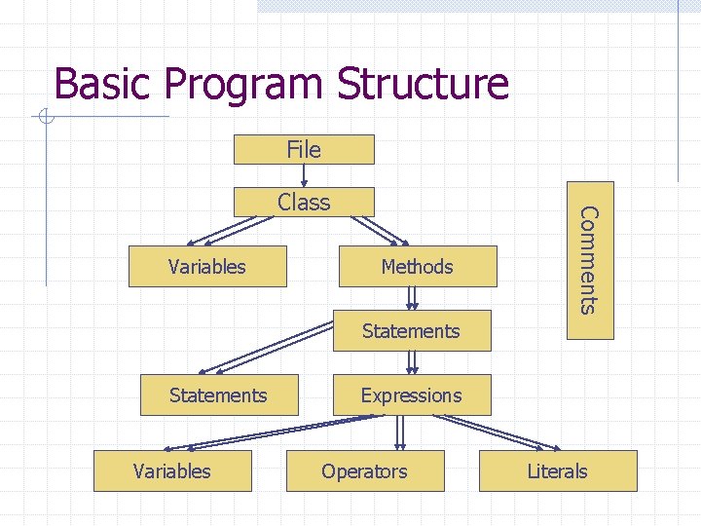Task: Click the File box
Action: click(304, 149)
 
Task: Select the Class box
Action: click(304, 202)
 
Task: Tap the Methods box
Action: click(417, 267)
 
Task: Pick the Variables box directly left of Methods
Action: click(207, 267)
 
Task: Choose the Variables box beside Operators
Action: click(171, 471)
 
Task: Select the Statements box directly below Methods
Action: click(411, 331)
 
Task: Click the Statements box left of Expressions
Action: click(218, 395)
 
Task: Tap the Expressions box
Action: click(411, 395)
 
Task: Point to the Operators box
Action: click(365, 471)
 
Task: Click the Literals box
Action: click(558, 471)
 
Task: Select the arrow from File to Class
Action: click(305, 175)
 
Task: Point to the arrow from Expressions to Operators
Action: click(398, 432)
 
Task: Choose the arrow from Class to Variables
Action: click(226, 231)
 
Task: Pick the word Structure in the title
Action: click(423, 84)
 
